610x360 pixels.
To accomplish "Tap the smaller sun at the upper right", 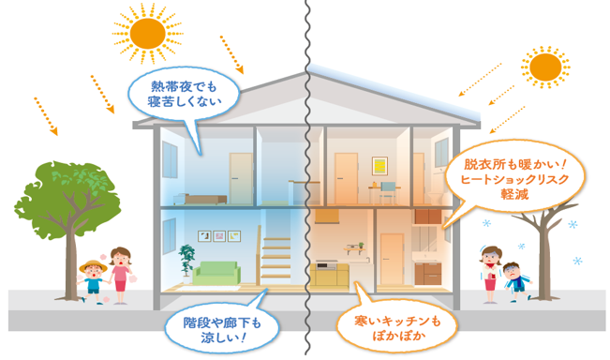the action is [x=543, y=68].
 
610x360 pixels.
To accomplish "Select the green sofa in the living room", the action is [x=216, y=271].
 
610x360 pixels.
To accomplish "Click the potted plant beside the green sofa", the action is [x=188, y=262].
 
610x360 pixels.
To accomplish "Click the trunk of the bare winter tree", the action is [x=542, y=262].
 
